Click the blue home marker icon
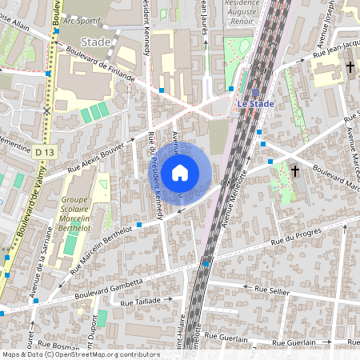click(x=180, y=171)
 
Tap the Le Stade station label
click(x=254, y=103)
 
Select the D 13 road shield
click(x=44, y=150)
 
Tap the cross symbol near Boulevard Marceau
click(x=294, y=170)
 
